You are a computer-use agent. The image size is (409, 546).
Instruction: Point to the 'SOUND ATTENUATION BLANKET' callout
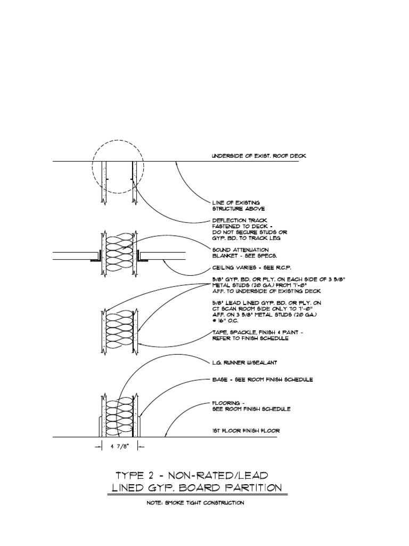click(x=240, y=252)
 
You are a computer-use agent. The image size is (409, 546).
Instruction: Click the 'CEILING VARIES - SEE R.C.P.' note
click(x=252, y=267)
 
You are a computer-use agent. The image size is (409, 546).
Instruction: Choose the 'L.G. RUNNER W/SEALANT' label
click(x=244, y=363)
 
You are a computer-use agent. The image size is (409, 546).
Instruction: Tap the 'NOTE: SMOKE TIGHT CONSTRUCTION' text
click(x=195, y=503)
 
